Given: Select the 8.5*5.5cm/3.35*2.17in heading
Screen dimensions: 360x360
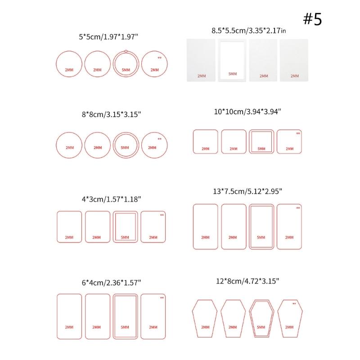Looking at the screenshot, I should [248, 31].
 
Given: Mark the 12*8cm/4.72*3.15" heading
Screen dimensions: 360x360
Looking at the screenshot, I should [247, 280].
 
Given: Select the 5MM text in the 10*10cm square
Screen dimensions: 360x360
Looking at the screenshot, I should [261, 148].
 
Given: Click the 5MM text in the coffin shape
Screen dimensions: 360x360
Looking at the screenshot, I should [261, 327].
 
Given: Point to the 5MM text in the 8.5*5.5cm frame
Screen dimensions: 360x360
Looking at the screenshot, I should [233, 73].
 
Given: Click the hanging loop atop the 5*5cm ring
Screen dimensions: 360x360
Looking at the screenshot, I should [126, 51].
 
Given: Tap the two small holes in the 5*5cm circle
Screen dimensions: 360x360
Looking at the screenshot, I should [159, 58].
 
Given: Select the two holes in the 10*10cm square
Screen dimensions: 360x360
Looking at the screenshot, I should [297, 134].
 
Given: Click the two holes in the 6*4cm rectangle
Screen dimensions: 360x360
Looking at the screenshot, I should [162, 297].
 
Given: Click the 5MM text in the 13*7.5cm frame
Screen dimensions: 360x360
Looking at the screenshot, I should [261, 237].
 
